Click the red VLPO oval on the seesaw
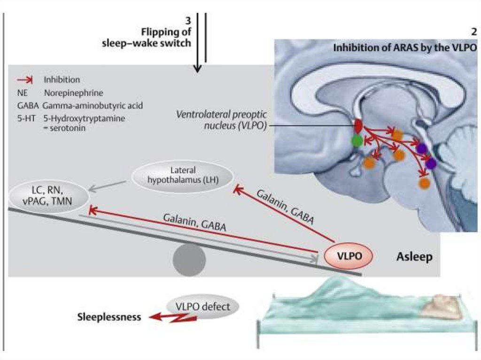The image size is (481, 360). click(349, 256)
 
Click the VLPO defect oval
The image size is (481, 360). click(203, 307)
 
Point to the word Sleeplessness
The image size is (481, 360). click(109, 317)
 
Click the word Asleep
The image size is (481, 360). click(414, 257)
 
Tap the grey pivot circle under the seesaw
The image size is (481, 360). click(189, 261)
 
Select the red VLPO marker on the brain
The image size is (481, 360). click(358, 126)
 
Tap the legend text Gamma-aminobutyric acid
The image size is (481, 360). click(92, 106)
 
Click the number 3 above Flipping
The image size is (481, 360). click(188, 22)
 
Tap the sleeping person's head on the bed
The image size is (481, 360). click(442, 307)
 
